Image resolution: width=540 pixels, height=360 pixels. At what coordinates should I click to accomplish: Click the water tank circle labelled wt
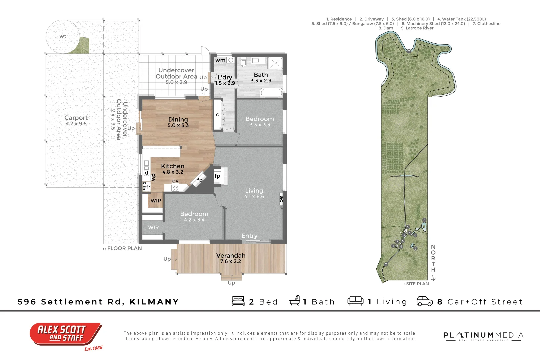(x=62, y=36)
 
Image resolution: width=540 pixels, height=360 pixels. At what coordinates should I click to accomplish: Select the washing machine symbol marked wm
(x=220, y=60)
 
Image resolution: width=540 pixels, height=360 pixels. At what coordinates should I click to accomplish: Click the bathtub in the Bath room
(x=271, y=93)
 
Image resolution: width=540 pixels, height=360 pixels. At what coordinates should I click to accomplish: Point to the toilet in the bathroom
(x=243, y=62)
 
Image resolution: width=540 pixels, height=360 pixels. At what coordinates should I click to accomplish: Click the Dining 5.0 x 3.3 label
(x=178, y=122)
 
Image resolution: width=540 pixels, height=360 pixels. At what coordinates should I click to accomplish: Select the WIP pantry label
(x=156, y=201)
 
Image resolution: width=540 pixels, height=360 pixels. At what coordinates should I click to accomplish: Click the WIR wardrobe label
(x=153, y=227)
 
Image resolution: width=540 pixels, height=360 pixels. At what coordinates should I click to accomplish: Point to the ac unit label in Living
(x=281, y=199)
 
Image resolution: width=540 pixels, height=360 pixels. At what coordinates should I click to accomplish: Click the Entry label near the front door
(x=249, y=236)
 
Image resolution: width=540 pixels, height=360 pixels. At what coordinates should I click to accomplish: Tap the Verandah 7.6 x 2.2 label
(x=231, y=258)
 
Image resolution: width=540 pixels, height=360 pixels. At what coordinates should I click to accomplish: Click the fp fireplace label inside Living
(x=217, y=176)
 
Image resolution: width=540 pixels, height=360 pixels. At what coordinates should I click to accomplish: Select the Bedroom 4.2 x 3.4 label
(x=194, y=216)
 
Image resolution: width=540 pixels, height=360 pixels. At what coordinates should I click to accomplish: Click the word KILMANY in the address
(x=154, y=302)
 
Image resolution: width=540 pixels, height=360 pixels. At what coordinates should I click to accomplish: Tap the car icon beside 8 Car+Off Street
(x=425, y=301)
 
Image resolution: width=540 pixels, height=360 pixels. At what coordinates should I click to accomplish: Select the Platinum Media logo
(x=483, y=336)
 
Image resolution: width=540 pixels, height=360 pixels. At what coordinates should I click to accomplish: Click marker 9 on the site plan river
(x=409, y=51)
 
